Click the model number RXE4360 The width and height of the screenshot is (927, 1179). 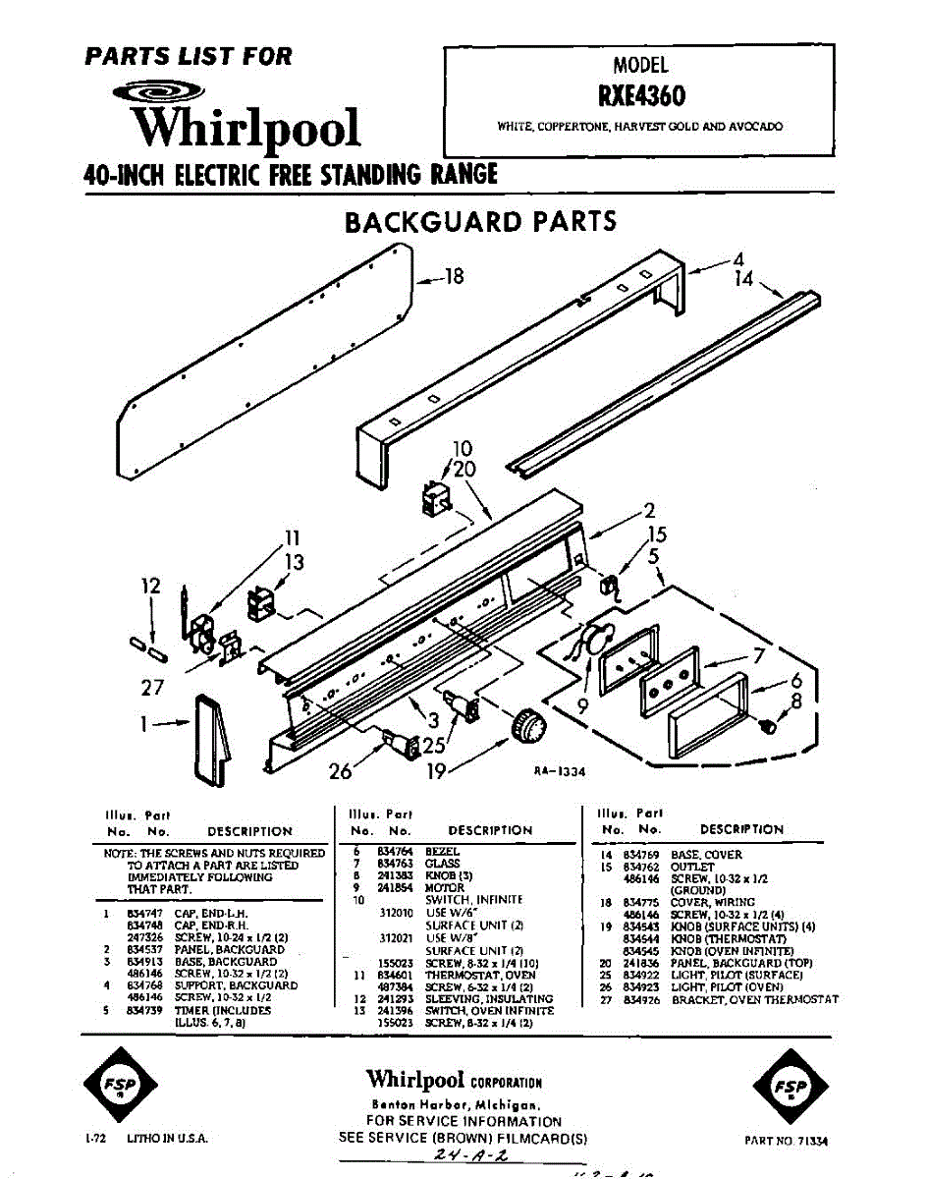tap(640, 96)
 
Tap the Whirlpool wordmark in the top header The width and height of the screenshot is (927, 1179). tap(246, 129)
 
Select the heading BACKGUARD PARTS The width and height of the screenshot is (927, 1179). tap(480, 221)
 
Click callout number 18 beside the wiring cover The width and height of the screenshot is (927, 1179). tap(453, 276)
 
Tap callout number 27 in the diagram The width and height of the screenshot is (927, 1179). tap(151, 688)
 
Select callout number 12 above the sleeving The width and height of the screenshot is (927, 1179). tap(149, 587)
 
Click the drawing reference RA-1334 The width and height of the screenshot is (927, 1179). tap(560, 772)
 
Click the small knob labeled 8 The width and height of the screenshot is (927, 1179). tap(768, 727)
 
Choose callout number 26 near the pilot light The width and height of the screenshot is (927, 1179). tap(340, 771)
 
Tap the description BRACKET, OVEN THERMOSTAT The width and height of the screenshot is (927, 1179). tap(755, 999)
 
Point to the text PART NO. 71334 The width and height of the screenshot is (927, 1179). tap(786, 1141)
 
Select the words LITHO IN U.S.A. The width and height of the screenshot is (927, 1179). tap(164, 1139)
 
